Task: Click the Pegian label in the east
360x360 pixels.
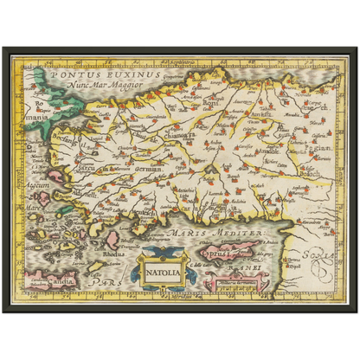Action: pos(321,149)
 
